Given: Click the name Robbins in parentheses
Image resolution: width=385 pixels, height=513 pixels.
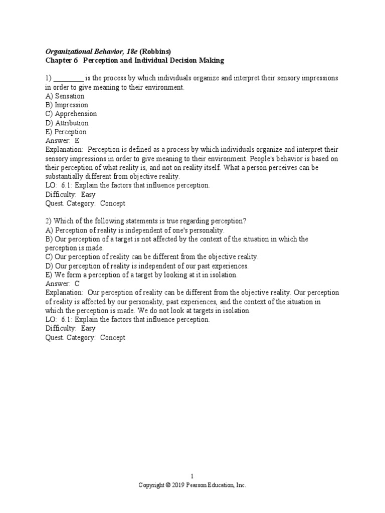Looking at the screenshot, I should point(156,52).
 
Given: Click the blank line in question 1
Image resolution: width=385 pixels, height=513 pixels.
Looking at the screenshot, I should point(68,79).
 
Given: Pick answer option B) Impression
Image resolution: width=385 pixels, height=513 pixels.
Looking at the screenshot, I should point(67,105).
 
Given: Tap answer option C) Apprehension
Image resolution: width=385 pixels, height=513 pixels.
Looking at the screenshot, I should point(71,114).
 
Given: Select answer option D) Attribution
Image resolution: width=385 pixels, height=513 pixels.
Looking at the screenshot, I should point(67,123).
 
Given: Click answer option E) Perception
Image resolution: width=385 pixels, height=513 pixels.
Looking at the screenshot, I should point(66,132).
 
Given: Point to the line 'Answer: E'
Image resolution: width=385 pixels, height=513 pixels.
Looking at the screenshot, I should point(63,141).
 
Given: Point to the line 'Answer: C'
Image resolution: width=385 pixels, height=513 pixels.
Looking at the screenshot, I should point(63,284).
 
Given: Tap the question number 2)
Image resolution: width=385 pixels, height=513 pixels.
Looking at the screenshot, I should point(49,221).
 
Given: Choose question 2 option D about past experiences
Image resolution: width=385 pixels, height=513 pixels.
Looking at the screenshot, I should point(147,266).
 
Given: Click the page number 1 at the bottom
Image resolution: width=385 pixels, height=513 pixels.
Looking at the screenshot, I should point(192,476).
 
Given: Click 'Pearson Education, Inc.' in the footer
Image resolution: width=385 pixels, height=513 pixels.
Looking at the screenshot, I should point(219,485).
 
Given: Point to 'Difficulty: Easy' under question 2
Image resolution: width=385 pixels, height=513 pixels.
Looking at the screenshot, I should point(70,329).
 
